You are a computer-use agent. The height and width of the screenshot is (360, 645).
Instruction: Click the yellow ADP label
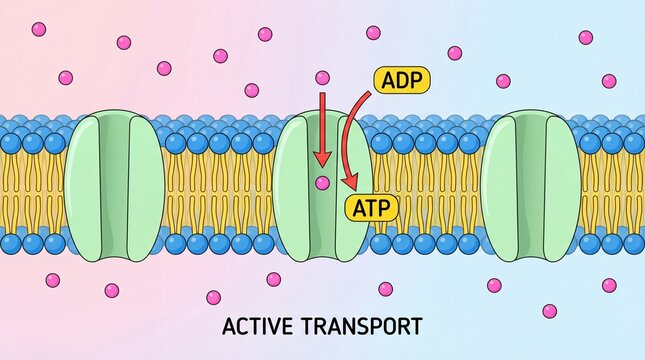click(401, 81)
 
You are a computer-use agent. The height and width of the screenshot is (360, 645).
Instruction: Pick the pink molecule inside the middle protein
click(322, 183)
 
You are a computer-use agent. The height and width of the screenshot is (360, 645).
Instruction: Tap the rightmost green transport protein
click(530, 187)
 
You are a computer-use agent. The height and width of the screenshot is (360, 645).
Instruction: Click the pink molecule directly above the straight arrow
click(322, 77)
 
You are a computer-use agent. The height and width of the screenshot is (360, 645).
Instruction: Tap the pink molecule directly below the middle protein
click(273, 279)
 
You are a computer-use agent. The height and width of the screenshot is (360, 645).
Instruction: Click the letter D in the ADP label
click(401, 81)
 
